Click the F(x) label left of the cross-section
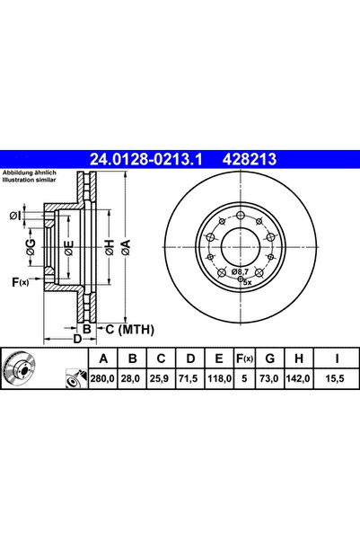point(20,284)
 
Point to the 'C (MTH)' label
point(127,329)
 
